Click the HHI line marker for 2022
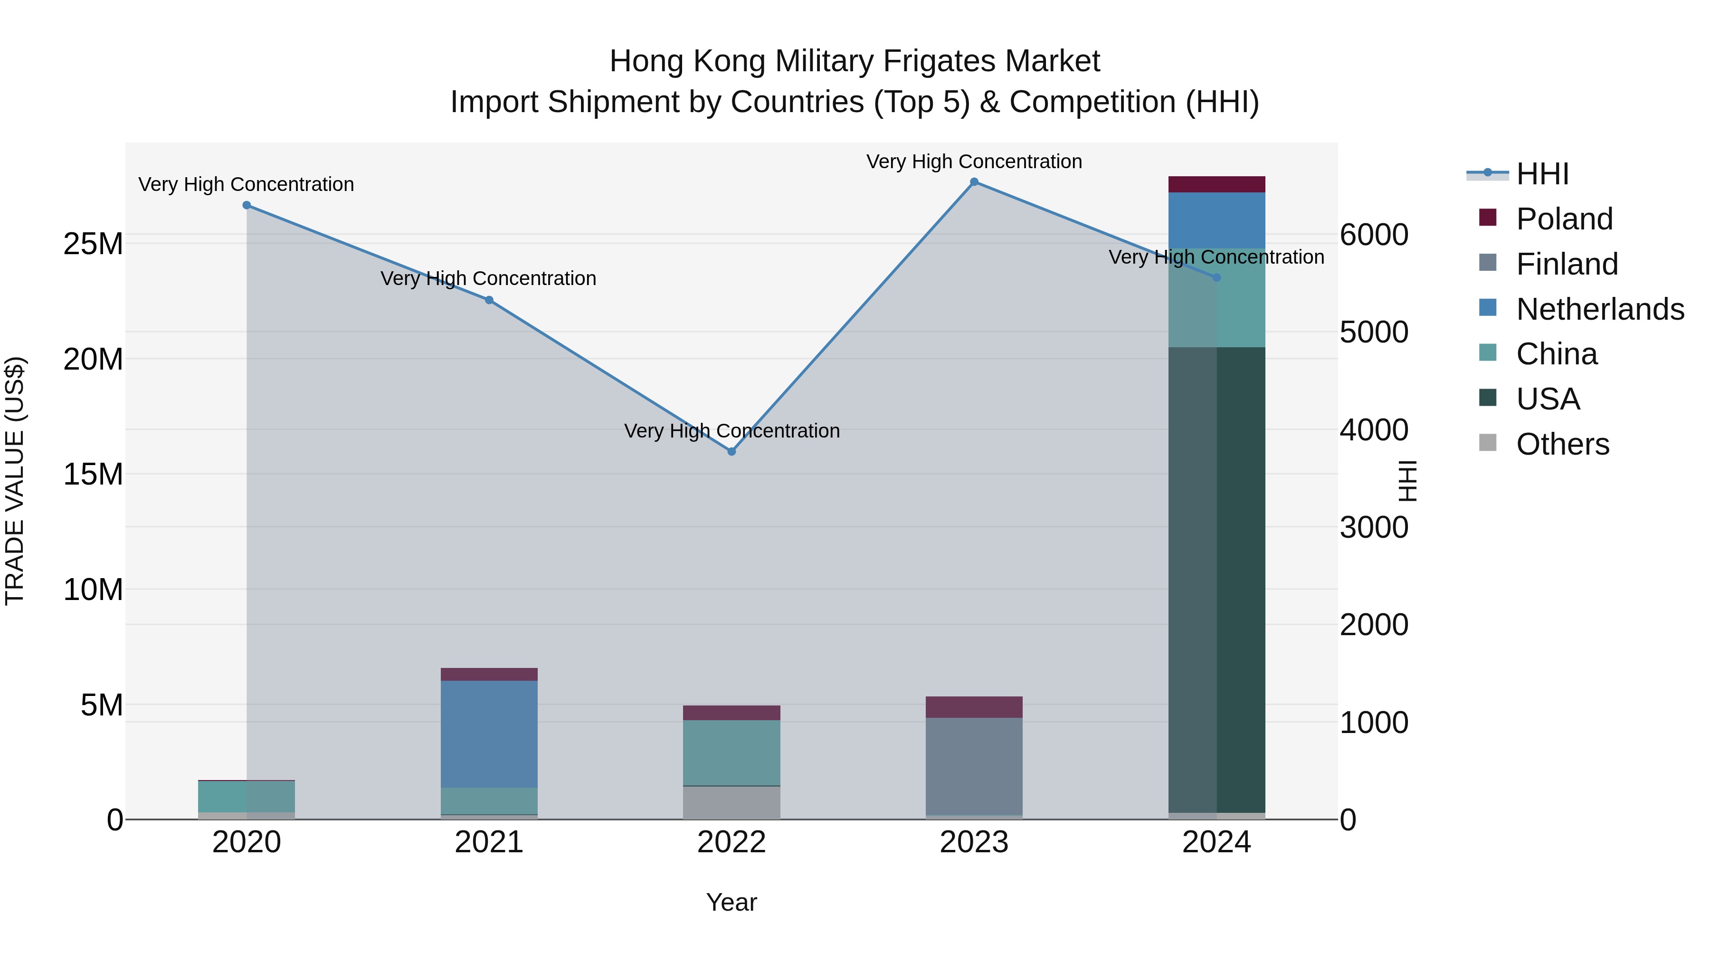pos(731,451)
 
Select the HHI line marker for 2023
pos(974,182)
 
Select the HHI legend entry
pos(1542,174)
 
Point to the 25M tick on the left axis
pos(93,244)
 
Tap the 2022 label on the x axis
pos(731,842)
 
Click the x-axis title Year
pos(731,902)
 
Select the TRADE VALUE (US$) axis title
pos(15,481)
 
